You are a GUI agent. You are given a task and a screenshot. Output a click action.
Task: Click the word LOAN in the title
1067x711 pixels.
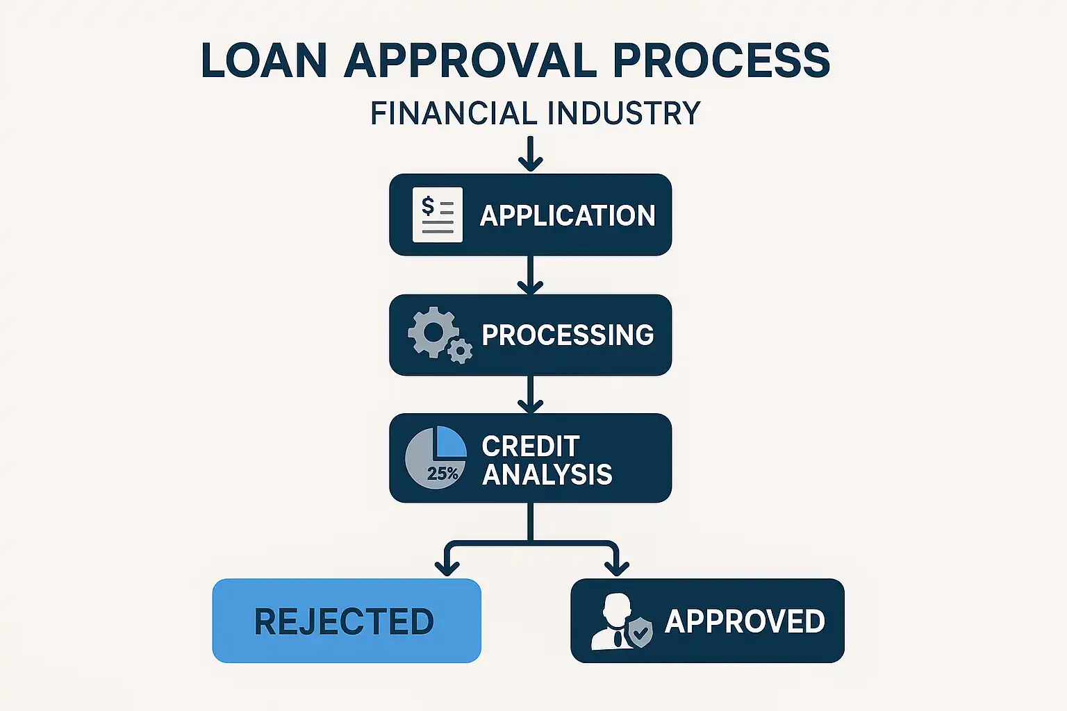264,60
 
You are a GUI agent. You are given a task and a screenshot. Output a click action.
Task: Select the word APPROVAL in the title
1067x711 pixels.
470,60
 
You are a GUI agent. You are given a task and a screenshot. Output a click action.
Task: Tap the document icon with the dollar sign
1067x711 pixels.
437,215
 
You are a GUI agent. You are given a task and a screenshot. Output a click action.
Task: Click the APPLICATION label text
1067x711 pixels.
568,215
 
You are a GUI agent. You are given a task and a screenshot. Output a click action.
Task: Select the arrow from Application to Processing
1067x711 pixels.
530,276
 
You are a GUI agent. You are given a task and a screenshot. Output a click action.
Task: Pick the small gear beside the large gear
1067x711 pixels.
460,351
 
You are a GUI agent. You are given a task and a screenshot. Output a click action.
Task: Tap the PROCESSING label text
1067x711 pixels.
568,335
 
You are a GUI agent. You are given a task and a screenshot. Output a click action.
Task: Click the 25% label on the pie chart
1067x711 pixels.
442,474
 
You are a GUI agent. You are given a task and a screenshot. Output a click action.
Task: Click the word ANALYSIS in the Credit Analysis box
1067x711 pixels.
547,475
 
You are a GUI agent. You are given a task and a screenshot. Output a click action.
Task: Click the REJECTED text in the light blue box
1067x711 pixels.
344,621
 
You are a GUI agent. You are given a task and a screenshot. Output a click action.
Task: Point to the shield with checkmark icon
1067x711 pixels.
640,632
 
